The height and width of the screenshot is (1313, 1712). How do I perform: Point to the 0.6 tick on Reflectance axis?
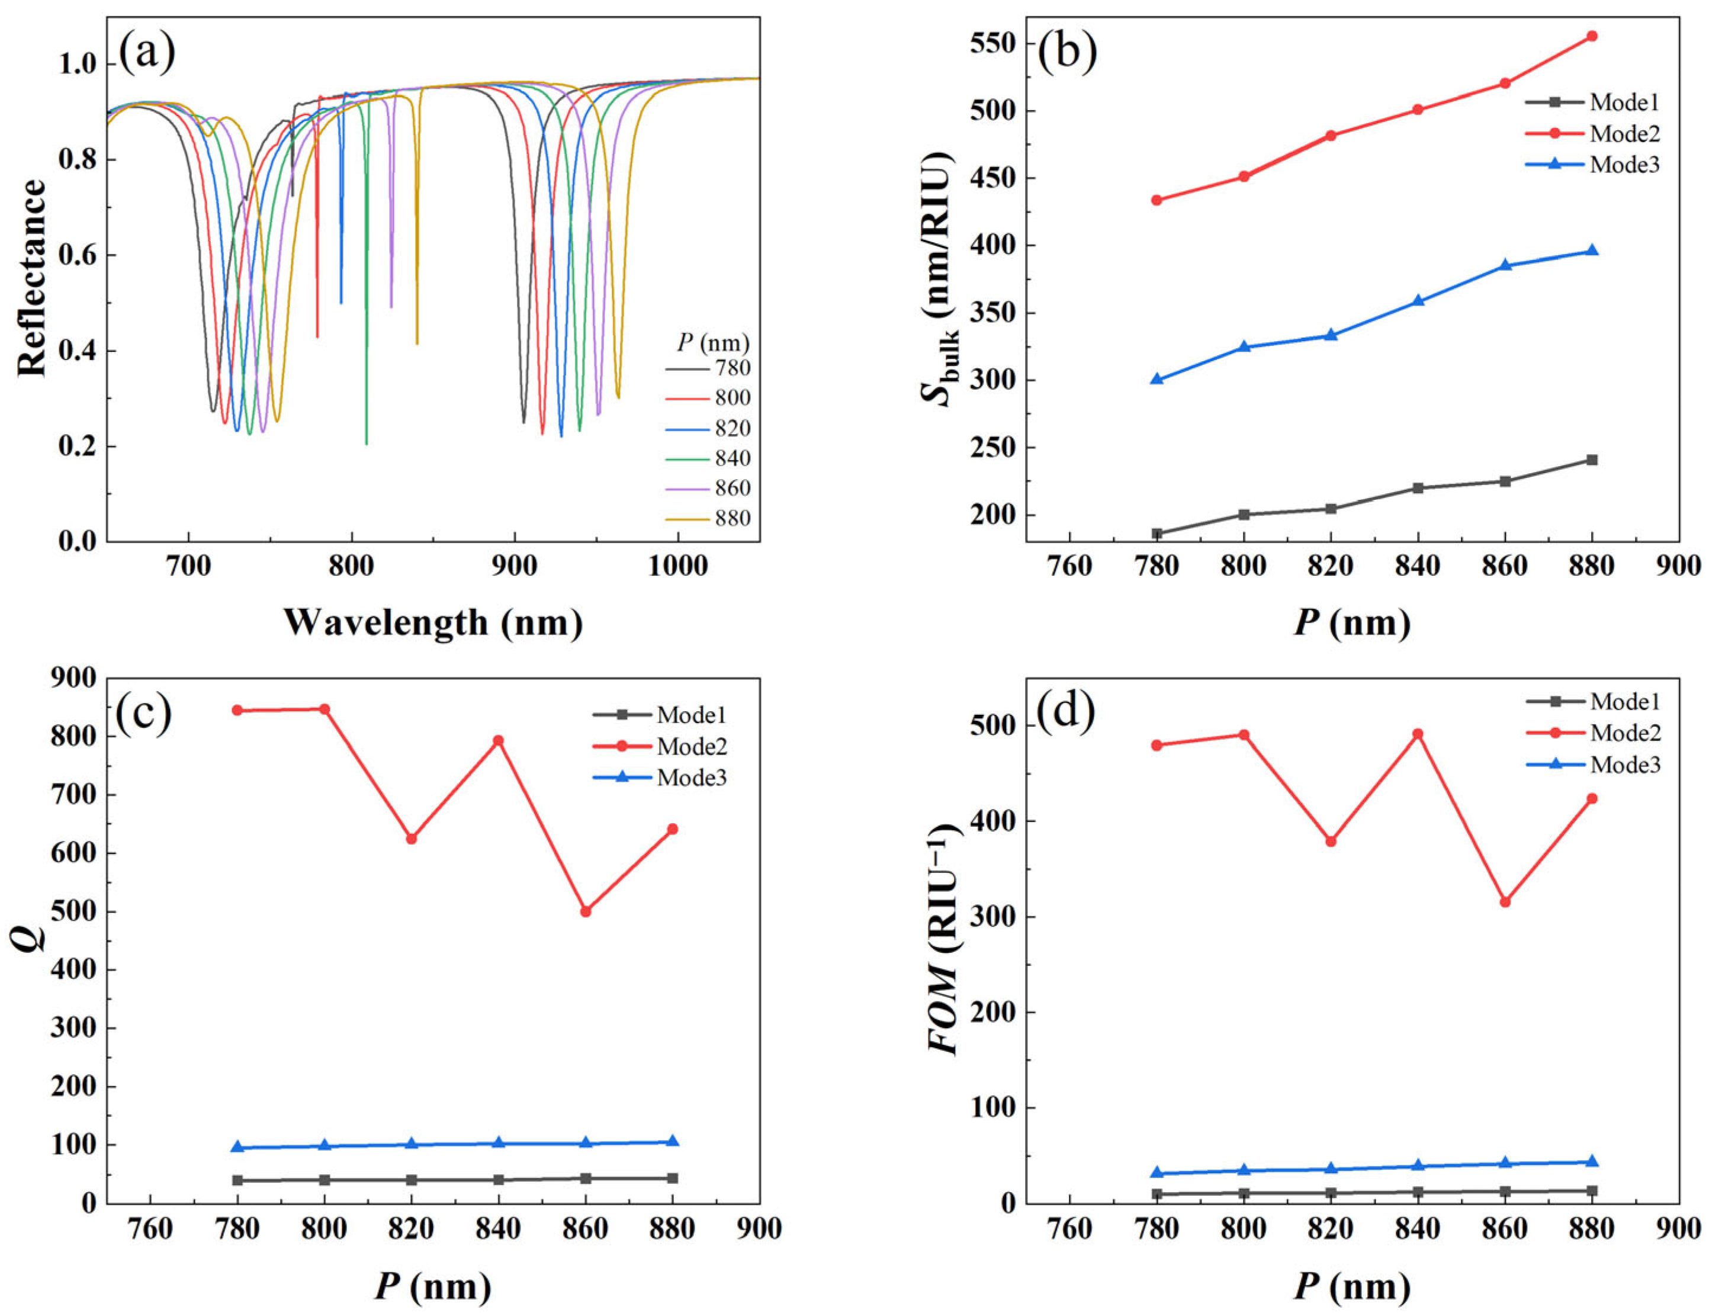coord(78,256)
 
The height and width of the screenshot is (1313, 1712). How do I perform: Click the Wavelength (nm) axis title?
coord(433,623)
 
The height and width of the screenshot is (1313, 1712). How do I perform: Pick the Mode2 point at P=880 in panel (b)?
coord(1591,36)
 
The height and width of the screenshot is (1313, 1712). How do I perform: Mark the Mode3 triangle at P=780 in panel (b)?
coord(1157,379)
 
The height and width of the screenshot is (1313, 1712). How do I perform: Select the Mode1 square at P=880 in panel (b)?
coord(1591,460)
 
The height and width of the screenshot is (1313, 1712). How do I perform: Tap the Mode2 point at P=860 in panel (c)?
coord(585,911)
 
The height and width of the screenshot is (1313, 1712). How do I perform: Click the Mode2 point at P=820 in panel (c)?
coord(411,839)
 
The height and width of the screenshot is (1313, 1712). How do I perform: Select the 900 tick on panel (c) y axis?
coord(73,678)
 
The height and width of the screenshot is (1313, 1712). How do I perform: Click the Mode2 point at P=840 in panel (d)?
coord(1417,734)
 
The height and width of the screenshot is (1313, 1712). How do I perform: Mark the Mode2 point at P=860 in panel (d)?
coord(1504,902)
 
